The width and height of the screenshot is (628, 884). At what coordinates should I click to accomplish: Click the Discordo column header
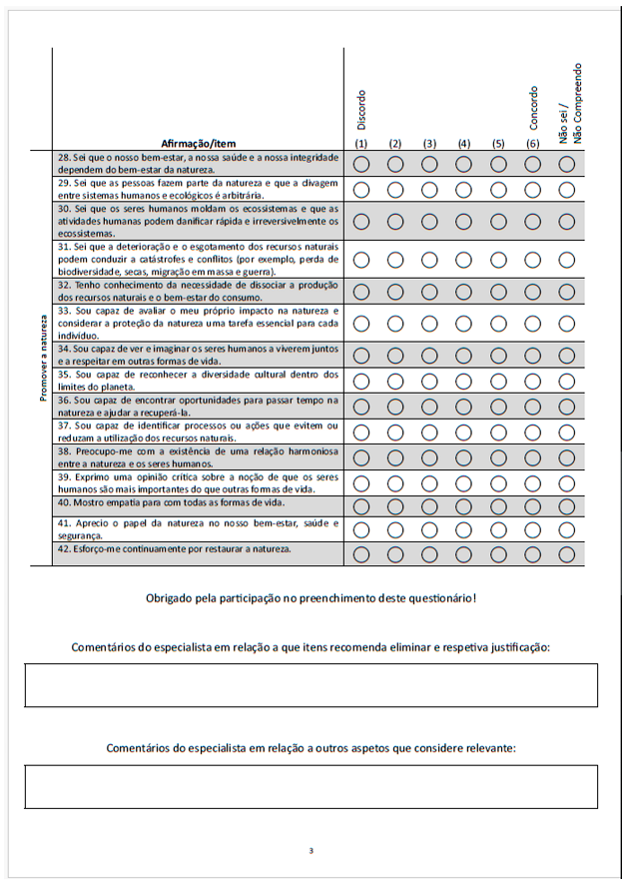(x=361, y=110)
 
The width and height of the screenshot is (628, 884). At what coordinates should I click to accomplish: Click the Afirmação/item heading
(x=204, y=143)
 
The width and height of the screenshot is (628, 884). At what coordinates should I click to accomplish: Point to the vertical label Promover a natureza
(x=44, y=357)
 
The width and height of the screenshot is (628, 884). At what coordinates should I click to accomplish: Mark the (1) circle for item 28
(x=362, y=164)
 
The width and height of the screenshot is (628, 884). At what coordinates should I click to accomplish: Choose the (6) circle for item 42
(x=533, y=553)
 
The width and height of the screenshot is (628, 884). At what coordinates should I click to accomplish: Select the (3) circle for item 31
(x=430, y=259)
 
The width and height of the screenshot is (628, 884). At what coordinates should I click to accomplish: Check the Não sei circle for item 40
(x=567, y=505)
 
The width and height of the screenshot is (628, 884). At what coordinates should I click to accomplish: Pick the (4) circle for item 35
(x=464, y=381)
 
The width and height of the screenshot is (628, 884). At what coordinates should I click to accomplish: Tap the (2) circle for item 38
(x=395, y=456)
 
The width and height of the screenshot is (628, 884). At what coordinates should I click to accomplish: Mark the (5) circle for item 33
(x=498, y=323)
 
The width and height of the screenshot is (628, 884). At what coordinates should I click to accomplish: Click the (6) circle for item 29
(x=533, y=189)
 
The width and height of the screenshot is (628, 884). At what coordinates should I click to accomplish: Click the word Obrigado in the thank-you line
(x=171, y=598)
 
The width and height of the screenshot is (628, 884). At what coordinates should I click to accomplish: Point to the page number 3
(x=312, y=851)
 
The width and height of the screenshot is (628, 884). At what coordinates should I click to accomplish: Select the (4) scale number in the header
(x=464, y=143)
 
